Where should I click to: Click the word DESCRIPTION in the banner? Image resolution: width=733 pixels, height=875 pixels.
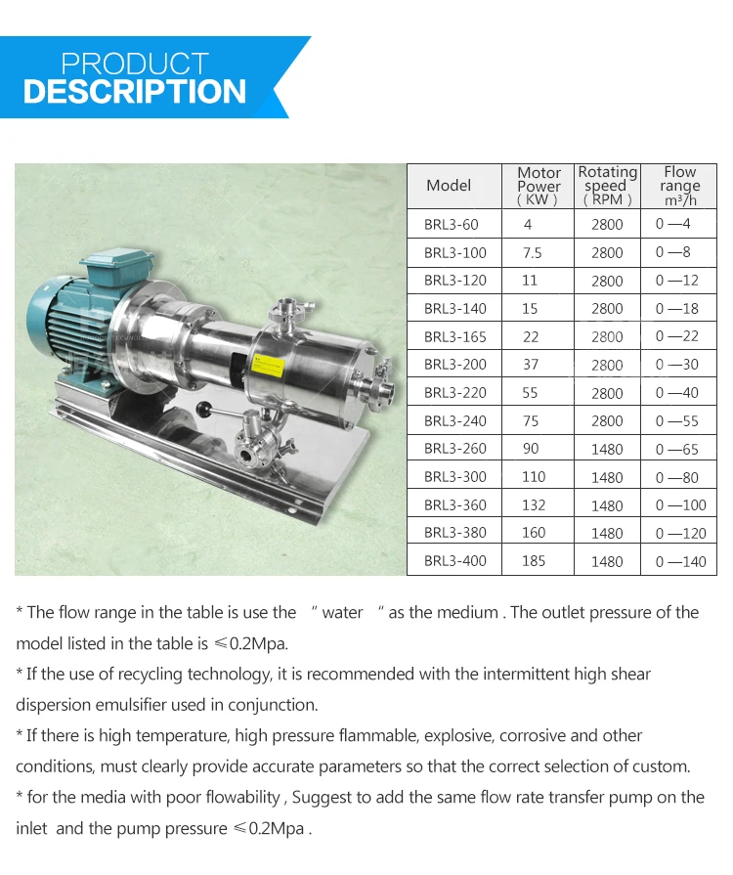(x=135, y=93)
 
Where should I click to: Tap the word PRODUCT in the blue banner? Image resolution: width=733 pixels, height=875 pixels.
(x=135, y=65)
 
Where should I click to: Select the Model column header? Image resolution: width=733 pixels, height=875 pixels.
(x=449, y=186)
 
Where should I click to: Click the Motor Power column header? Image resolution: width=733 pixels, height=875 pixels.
(x=539, y=186)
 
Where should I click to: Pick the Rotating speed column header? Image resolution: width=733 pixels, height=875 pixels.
(x=607, y=186)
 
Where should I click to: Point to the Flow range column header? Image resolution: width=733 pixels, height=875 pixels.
(x=679, y=186)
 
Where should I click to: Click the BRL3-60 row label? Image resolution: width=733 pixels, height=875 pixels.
(x=451, y=224)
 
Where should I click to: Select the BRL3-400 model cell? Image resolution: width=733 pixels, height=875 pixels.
(x=454, y=561)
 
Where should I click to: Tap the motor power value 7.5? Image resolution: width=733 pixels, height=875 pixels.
(x=532, y=252)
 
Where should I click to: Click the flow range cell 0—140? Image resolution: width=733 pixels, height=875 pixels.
(x=680, y=561)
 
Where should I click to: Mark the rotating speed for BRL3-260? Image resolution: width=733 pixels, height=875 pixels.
(x=607, y=450)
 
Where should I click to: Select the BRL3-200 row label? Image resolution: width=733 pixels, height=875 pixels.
(x=454, y=365)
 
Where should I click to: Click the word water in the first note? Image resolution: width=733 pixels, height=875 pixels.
(x=342, y=613)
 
